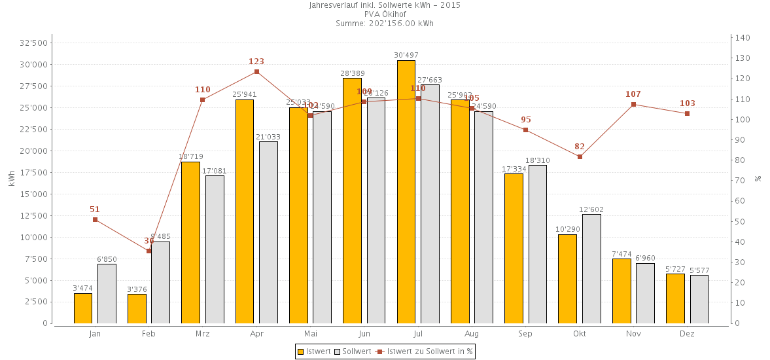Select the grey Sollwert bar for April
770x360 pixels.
point(268,232)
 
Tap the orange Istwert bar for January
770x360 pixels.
point(83,308)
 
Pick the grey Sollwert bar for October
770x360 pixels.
point(591,268)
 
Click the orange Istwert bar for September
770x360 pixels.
point(514,248)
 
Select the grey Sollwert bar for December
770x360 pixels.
point(699,299)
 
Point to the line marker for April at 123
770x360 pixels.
point(256,72)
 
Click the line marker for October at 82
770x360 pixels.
point(580,156)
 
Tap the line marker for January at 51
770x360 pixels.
point(95,219)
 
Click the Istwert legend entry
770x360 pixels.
point(313,351)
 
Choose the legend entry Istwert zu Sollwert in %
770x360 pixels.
point(425,351)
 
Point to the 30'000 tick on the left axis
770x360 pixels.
point(34,65)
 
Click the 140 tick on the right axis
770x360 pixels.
point(742,38)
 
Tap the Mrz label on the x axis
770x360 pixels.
point(203,334)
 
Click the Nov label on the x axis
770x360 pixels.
point(633,334)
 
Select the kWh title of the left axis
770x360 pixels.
point(12,179)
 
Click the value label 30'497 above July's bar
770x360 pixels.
point(406,55)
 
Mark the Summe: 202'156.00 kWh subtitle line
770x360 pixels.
point(385,24)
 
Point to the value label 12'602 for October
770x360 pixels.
point(591,209)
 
